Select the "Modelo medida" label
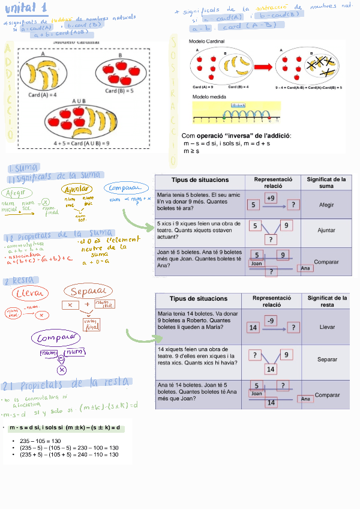point(208,96)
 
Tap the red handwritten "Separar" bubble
point(88,292)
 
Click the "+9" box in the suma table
point(271,197)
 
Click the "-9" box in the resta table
point(271,321)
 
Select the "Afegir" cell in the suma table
point(326,205)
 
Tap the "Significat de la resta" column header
point(326,301)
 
